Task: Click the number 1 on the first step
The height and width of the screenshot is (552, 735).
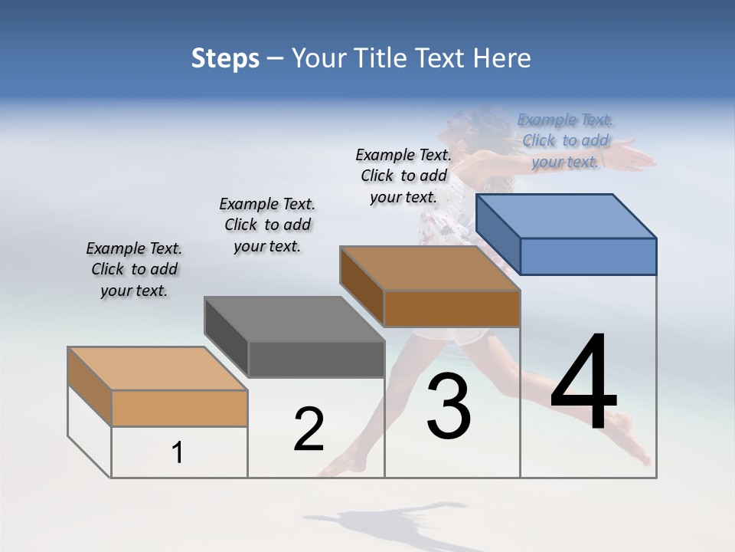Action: (x=178, y=453)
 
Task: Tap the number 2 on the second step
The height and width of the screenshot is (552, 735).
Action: (x=309, y=429)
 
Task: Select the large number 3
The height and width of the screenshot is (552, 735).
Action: (x=449, y=406)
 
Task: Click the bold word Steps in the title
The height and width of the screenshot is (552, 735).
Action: (x=225, y=58)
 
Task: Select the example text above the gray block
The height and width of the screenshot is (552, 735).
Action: (x=267, y=225)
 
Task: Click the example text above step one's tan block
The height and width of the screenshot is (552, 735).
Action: (x=134, y=269)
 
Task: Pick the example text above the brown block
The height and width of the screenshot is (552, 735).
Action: (x=403, y=176)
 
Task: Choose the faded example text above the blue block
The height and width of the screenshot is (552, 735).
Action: (x=566, y=140)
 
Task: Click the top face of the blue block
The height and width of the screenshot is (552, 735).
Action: (x=567, y=215)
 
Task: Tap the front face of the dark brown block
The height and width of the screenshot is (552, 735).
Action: (x=452, y=309)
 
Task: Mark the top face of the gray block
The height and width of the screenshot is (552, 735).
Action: (x=294, y=318)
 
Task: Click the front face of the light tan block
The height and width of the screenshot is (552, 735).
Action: (x=179, y=408)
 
